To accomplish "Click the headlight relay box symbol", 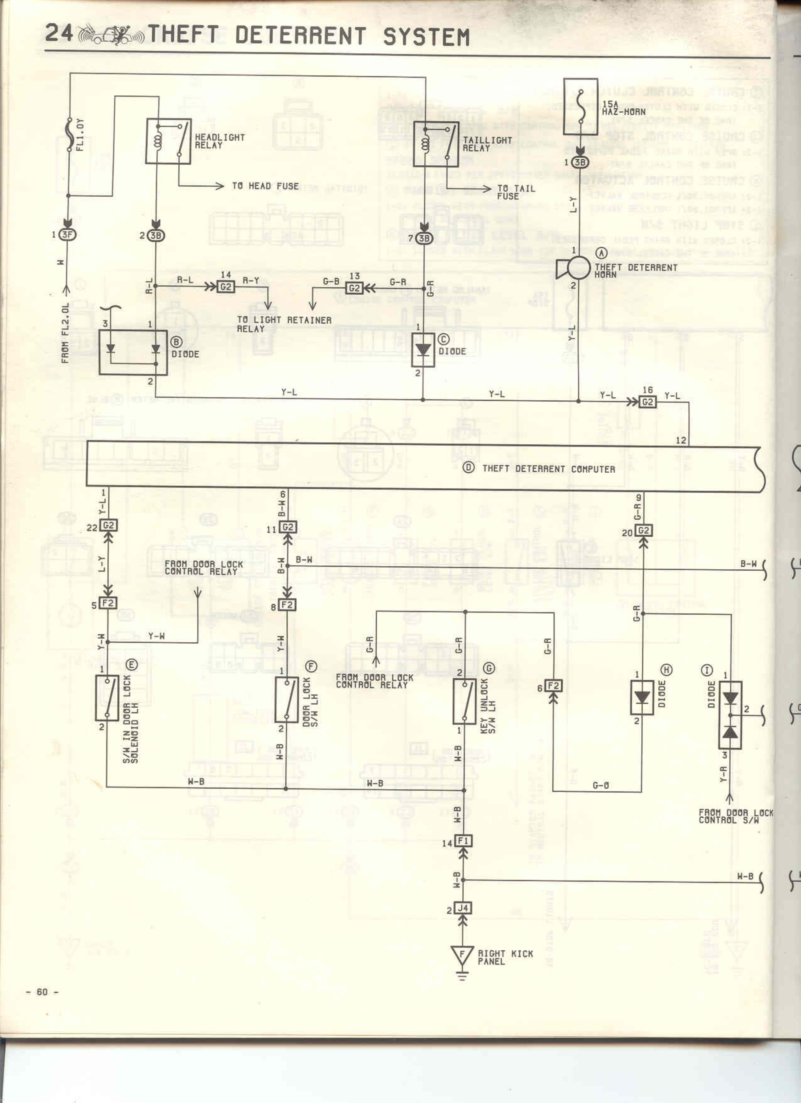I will [168, 141].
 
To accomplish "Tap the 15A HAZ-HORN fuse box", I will [580, 107].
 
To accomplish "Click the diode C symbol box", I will [422, 350].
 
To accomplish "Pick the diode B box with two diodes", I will [133, 352].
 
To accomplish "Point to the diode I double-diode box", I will [730, 714].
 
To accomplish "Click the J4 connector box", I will [463, 908].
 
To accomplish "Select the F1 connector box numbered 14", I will [463, 841].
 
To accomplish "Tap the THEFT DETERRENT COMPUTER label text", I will [548, 469].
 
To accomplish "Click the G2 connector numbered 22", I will [108, 525].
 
